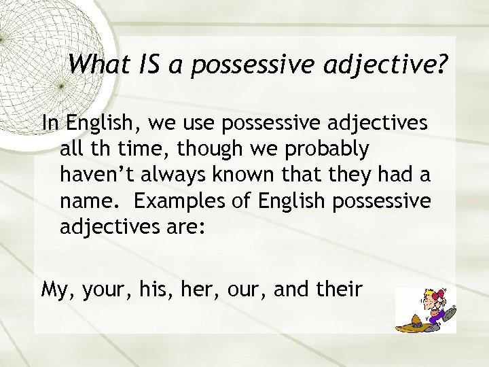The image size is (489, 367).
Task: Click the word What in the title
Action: pyautogui.click(x=95, y=64)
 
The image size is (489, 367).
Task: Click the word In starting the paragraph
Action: pyautogui.click(x=50, y=123)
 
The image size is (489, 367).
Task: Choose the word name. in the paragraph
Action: pyautogui.click(x=88, y=200)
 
